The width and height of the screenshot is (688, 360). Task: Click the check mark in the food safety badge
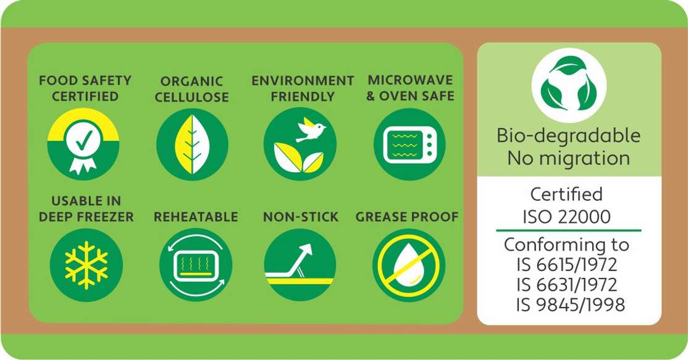click(x=83, y=140)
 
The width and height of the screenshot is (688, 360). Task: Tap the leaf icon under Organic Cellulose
click(x=192, y=144)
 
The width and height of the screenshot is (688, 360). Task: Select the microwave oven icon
click(x=409, y=144)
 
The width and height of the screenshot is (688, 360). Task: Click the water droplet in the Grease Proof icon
click(x=408, y=262)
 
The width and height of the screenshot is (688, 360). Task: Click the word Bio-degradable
click(x=569, y=136)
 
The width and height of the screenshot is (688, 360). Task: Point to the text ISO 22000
click(x=566, y=217)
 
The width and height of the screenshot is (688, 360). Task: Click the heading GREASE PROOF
click(x=407, y=217)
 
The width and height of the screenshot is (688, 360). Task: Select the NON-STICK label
click(x=301, y=217)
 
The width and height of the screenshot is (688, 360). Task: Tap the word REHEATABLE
click(x=196, y=217)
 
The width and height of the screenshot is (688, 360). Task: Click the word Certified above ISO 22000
click(x=566, y=194)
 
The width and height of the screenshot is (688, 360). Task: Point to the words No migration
click(x=569, y=158)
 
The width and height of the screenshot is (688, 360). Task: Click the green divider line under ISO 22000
click(x=569, y=230)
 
